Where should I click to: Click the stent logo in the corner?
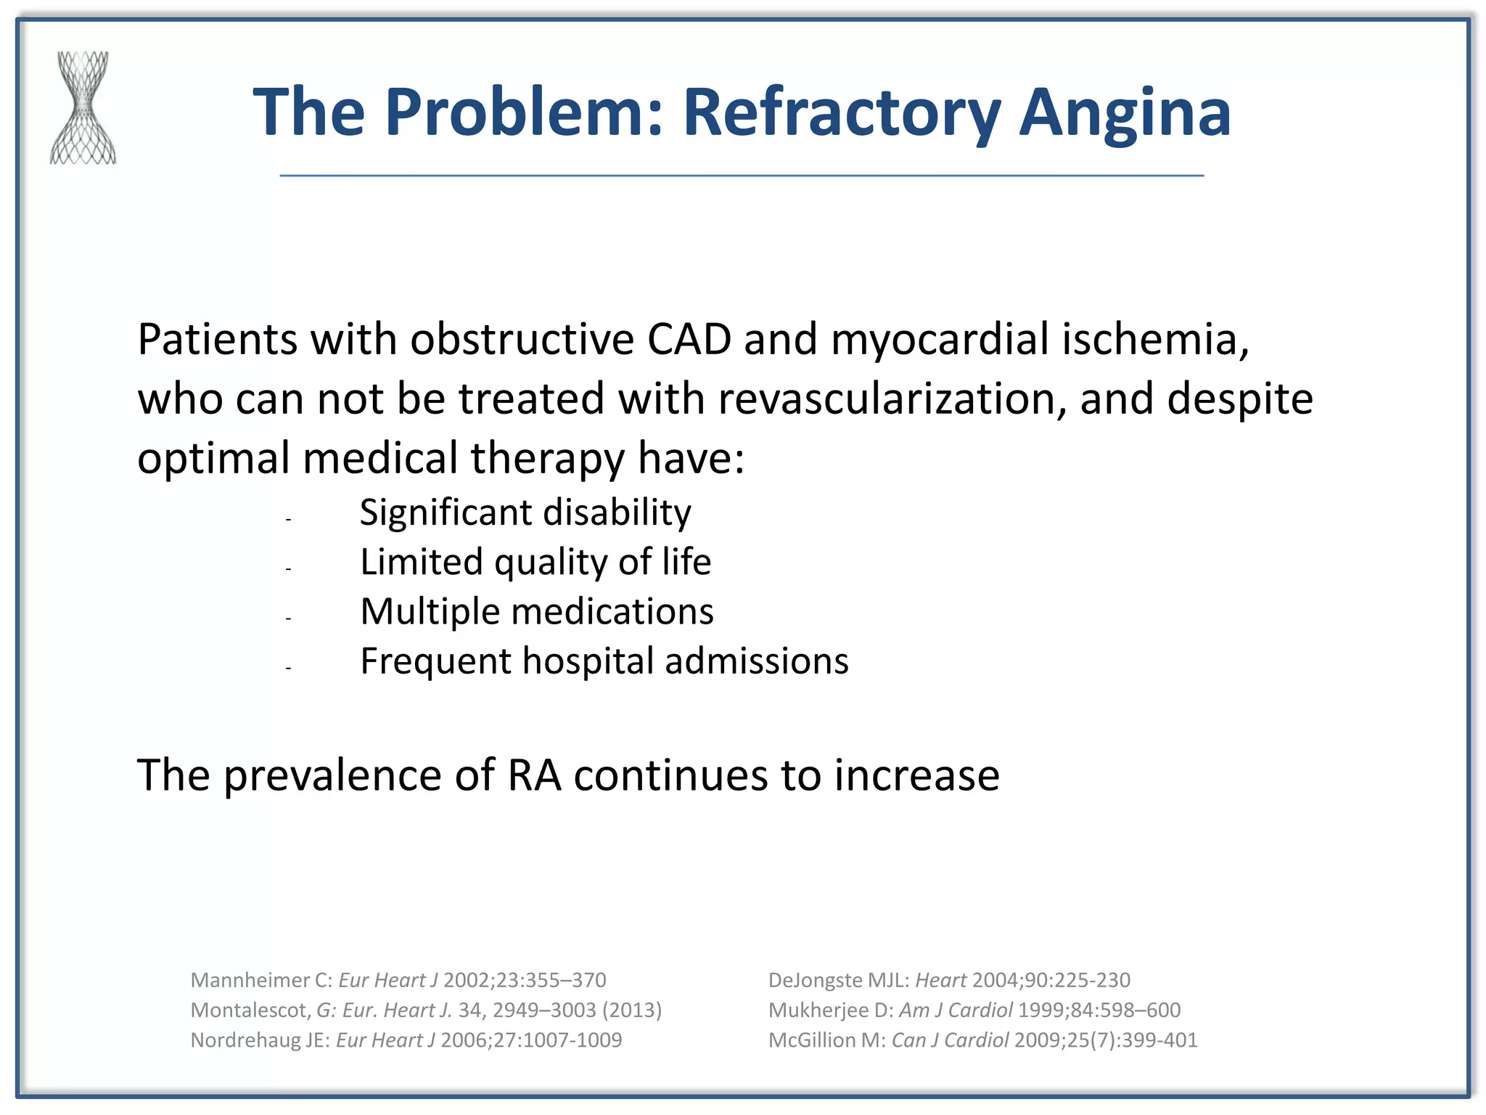(83, 107)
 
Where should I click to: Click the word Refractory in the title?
(841, 113)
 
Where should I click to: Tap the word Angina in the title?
(1125, 113)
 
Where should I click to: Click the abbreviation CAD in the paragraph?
(689, 339)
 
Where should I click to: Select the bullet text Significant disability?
(525, 512)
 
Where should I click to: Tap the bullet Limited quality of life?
(535, 562)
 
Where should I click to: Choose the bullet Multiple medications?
(537, 611)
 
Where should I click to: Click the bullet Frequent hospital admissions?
(604, 661)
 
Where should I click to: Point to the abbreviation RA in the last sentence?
(534, 775)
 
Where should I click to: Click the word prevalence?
(332, 775)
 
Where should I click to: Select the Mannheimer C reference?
(398, 980)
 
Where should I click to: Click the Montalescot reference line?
(426, 1010)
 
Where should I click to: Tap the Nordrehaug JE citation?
(406, 1040)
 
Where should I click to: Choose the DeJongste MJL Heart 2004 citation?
(948, 980)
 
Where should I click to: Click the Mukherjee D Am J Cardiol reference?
(974, 1010)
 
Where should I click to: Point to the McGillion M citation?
(982, 1040)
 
